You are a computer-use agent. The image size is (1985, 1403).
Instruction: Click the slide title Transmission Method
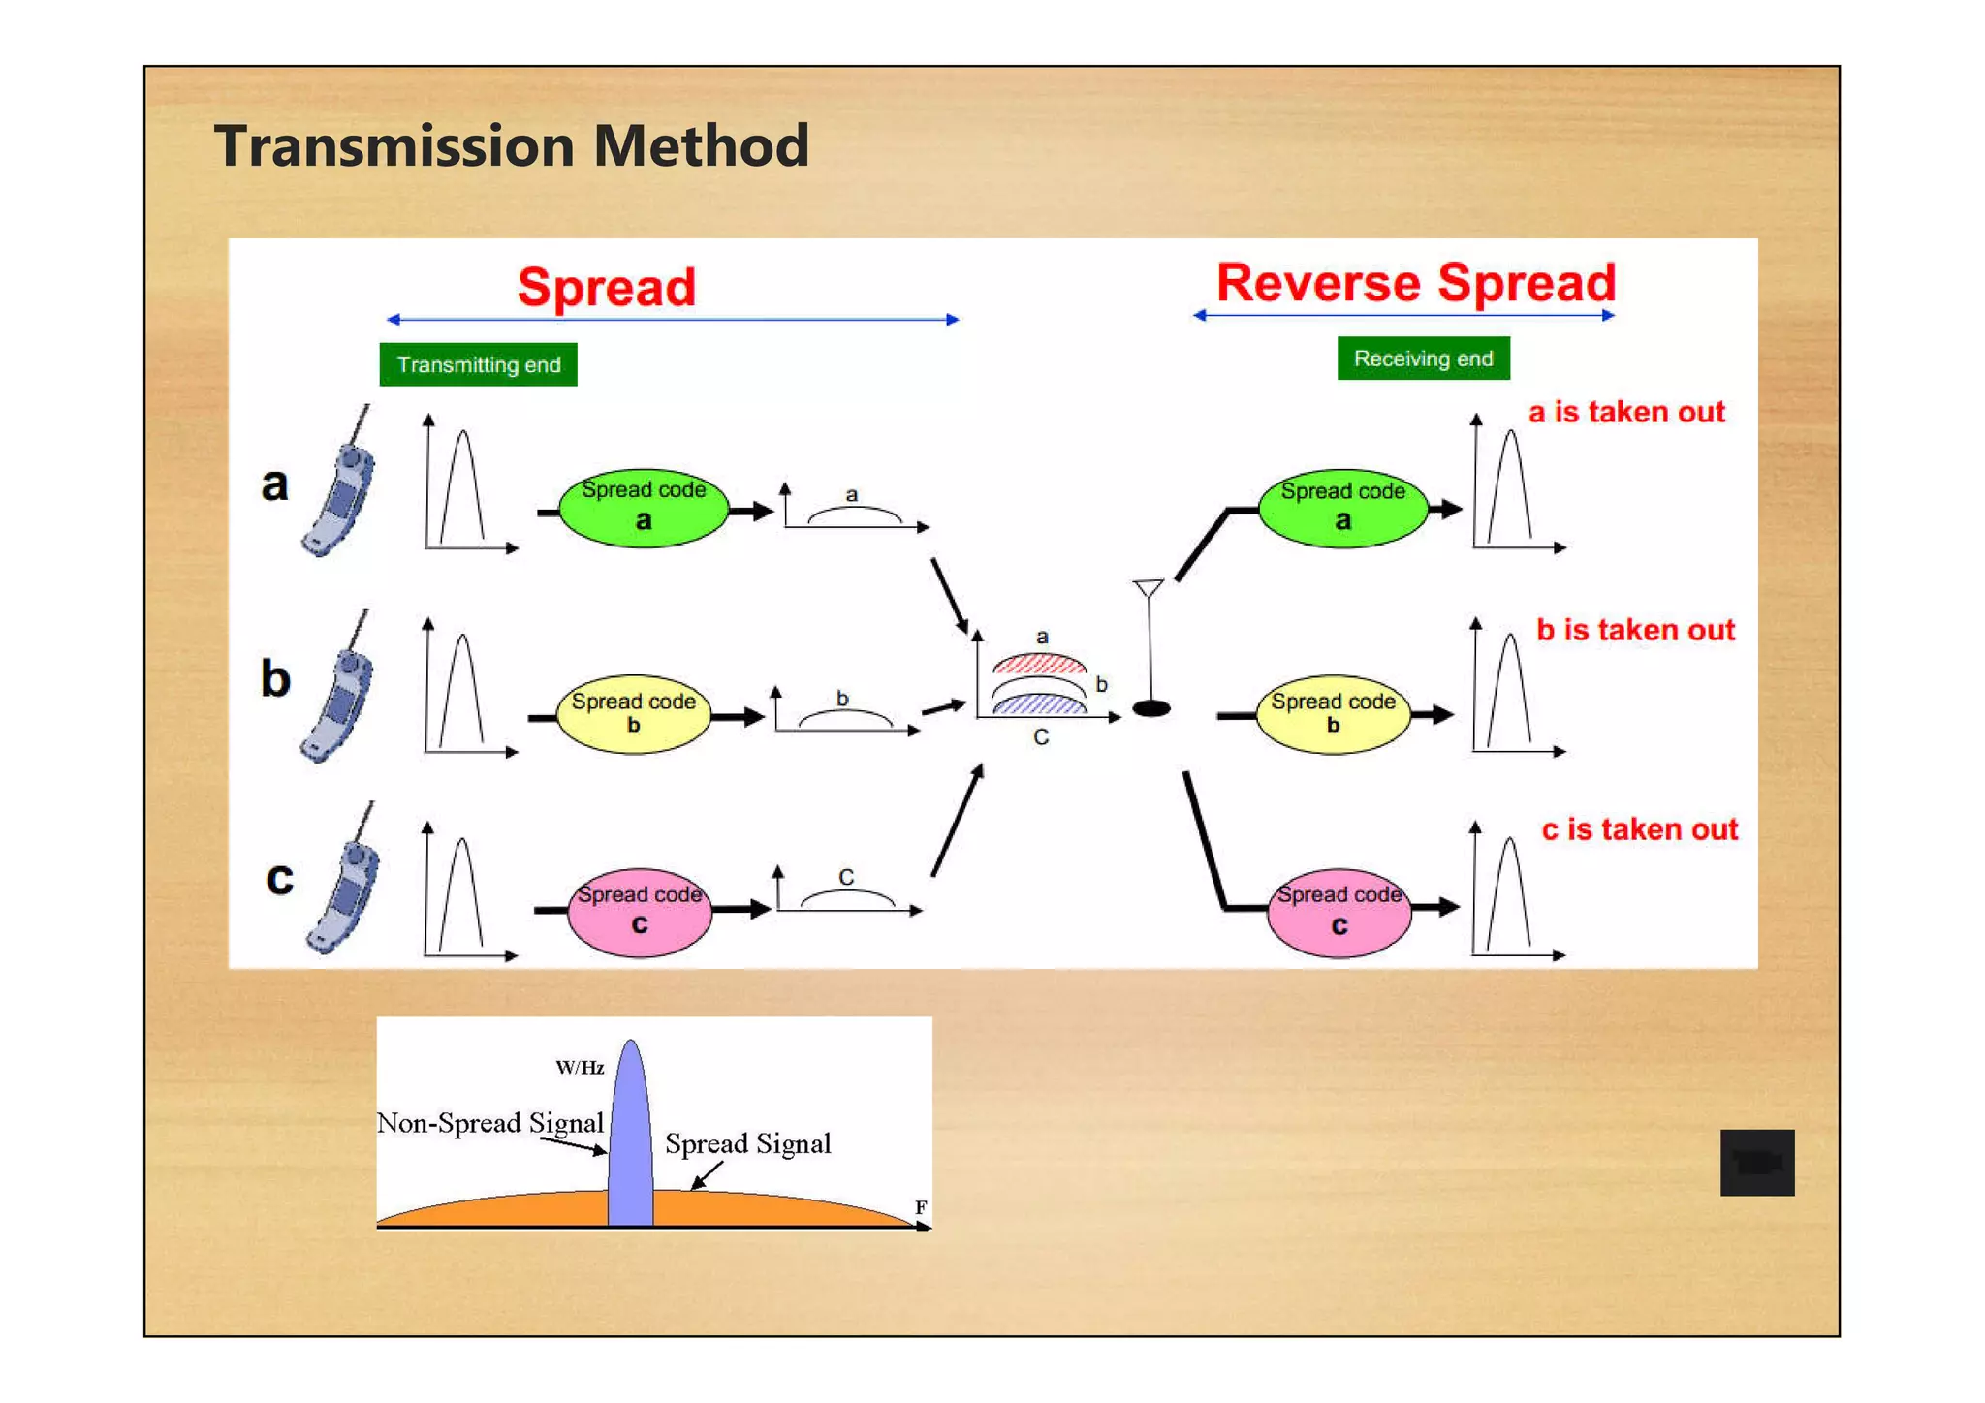click(x=511, y=146)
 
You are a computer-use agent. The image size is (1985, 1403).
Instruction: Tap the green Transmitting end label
click(x=478, y=364)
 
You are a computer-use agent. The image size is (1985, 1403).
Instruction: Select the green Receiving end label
click(x=1422, y=359)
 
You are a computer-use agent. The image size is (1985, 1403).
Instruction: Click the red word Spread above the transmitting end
click(x=606, y=287)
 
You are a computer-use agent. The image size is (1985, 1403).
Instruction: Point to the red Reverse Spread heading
click(x=1415, y=283)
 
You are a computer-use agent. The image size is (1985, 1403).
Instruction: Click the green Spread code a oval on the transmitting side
click(x=644, y=509)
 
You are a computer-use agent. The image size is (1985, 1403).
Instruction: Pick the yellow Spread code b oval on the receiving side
click(x=1333, y=714)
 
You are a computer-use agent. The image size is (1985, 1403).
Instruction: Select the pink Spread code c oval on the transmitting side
click(x=639, y=912)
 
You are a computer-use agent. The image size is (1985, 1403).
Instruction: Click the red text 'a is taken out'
click(x=1625, y=412)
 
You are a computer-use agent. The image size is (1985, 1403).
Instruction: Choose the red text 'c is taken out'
click(x=1639, y=829)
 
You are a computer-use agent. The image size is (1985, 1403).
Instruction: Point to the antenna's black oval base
click(x=1150, y=708)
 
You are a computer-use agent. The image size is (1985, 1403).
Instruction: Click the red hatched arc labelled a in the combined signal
click(x=1039, y=665)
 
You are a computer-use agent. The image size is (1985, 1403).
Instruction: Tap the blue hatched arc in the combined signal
click(x=1039, y=705)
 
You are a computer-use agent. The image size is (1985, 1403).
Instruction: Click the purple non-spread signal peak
click(x=630, y=1134)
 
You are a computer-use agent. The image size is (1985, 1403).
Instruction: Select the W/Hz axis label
click(x=580, y=1068)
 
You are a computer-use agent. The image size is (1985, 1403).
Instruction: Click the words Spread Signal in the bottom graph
click(x=747, y=1143)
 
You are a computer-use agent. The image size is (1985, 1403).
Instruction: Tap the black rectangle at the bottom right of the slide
click(x=1756, y=1162)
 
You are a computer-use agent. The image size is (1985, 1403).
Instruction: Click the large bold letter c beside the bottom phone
click(x=279, y=877)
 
